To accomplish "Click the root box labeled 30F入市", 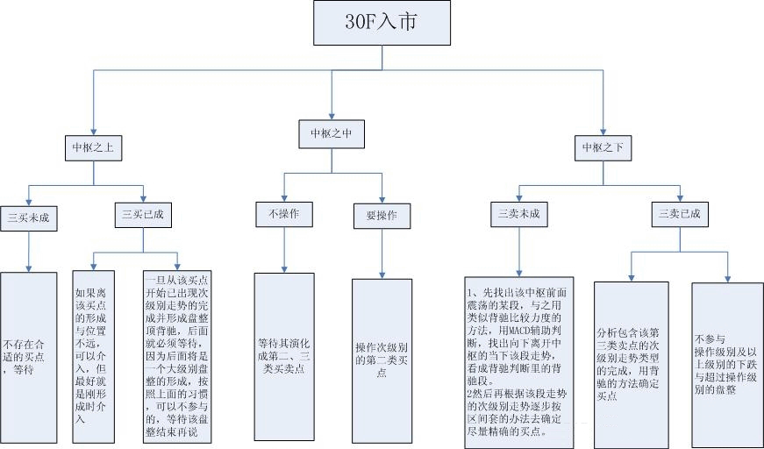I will pyautogui.click(x=382, y=23).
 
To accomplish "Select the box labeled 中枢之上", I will pyautogui.click(x=93, y=147).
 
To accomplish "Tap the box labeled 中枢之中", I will pyautogui.click(x=331, y=134).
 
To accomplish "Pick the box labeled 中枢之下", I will pyautogui.click(x=603, y=147).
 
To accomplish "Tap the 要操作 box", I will pyautogui.click(x=382, y=215).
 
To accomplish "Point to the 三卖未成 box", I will pyautogui.click(x=518, y=214).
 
